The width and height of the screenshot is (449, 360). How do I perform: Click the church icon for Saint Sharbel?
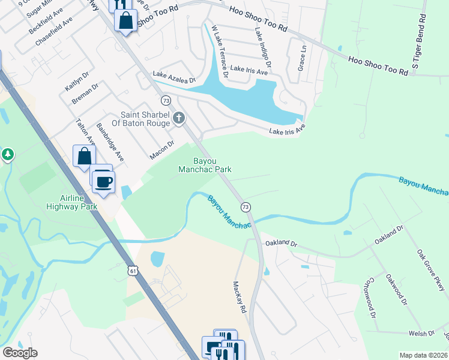(179, 118)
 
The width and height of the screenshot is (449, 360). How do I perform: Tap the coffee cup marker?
(103, 182)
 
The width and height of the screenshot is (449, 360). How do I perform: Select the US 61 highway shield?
(133, 271)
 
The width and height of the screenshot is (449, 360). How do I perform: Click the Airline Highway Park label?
(71, 202)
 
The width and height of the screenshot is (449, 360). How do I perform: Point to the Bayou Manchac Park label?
(205, 165)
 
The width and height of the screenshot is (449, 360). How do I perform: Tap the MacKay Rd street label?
(240, 298)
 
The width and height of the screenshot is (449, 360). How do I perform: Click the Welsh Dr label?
(423, 333)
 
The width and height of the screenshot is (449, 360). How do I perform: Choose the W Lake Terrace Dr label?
(218, 52)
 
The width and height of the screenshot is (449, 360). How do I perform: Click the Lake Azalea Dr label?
(174, 77)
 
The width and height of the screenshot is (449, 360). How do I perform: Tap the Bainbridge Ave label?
(110, 143)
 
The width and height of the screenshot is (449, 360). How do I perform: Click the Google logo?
(20, 353)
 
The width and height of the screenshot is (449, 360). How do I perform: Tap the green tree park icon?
(7, 155)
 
